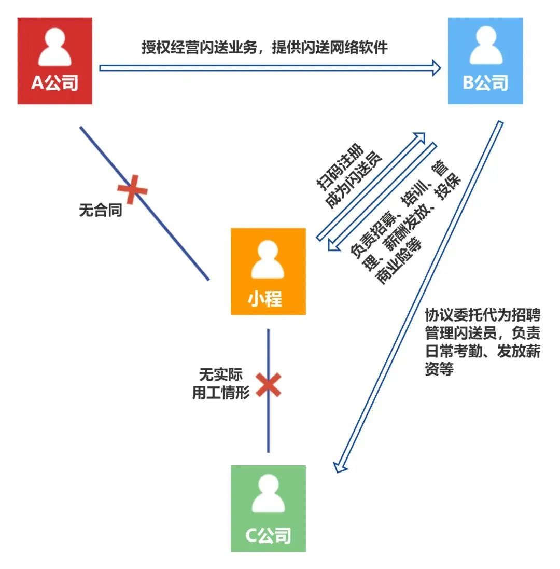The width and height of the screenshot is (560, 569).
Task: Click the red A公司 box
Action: pos(54,61)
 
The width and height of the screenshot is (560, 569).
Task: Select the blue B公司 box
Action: pos(485,61)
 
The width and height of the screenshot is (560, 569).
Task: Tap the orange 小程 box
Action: pos(268,271)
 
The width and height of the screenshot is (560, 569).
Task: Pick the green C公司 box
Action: pos(268,508)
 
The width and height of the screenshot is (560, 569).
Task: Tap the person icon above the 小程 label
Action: pos(268,259)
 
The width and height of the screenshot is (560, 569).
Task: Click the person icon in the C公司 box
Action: pos(268,495)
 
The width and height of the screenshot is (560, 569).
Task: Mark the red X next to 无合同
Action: pos(133,189)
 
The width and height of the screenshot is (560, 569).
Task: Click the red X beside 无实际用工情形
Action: pos(269,385)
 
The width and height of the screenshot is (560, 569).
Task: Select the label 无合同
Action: pos(101,210)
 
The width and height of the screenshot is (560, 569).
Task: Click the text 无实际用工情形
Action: pos(220,383)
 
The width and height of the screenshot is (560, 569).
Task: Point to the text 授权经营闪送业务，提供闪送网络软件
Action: pos(265,48)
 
